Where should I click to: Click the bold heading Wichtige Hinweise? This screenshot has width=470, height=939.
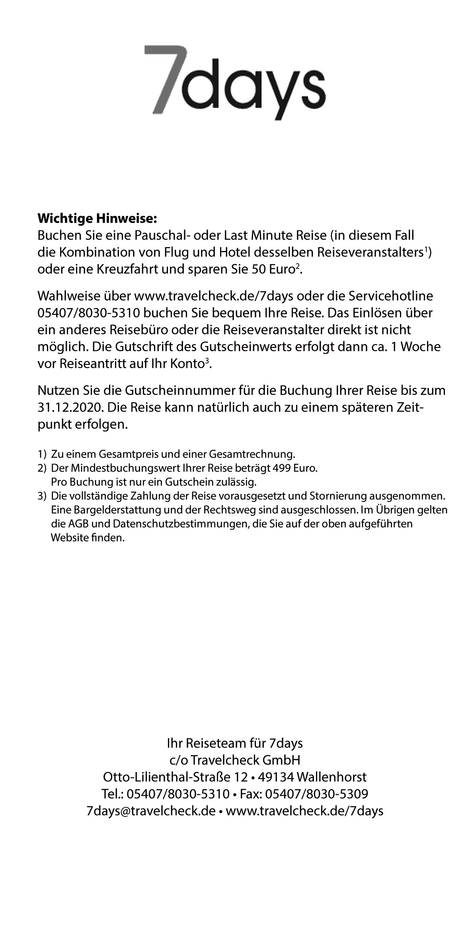98,218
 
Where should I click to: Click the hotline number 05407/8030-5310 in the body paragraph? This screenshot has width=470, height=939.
88,313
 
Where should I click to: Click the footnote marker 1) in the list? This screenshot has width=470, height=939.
42,454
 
